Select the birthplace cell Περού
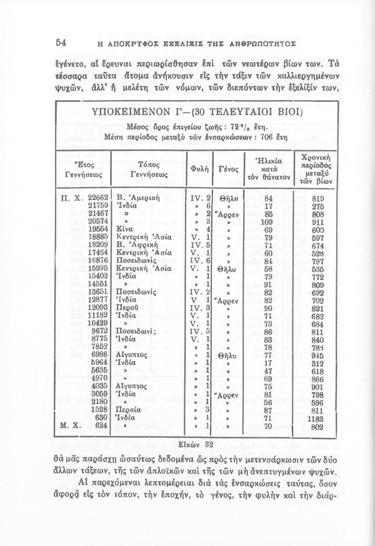coord(128,308)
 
